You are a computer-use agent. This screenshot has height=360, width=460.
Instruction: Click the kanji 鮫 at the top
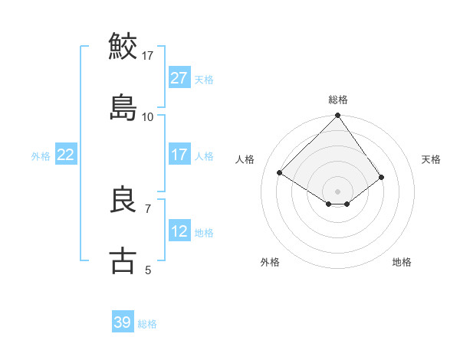[x=123, y=46]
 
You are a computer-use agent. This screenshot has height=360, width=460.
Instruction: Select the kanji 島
[x=123, y=106]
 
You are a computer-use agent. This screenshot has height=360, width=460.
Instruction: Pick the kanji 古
[x=123, y=260]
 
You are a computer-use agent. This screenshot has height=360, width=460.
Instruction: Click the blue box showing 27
[x=179, y=78]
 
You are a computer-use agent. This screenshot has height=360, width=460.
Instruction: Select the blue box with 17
[x=179, y=155]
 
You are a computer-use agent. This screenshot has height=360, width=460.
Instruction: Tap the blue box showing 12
[x=179, y=231]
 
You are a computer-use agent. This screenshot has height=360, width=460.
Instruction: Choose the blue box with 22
[x=66, y=155]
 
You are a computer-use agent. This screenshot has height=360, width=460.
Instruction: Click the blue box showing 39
[x=123, y=322]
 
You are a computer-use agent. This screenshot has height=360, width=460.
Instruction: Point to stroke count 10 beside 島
[x=148, y=116]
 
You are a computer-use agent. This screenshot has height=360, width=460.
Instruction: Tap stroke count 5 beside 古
[x=148, y=270]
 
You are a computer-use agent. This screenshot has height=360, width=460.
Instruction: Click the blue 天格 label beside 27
[x=204, y=79]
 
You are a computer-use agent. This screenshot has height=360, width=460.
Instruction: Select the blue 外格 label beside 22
[x=41, y=155]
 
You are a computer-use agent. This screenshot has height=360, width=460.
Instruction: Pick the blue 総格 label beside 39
[x=147, y=323]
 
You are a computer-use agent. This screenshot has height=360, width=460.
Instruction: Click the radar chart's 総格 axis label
[x=338, y=100]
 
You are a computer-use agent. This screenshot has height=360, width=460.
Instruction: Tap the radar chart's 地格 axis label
[x=402, y=262]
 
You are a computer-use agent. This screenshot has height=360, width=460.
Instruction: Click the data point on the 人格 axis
[x=280, y=173]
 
